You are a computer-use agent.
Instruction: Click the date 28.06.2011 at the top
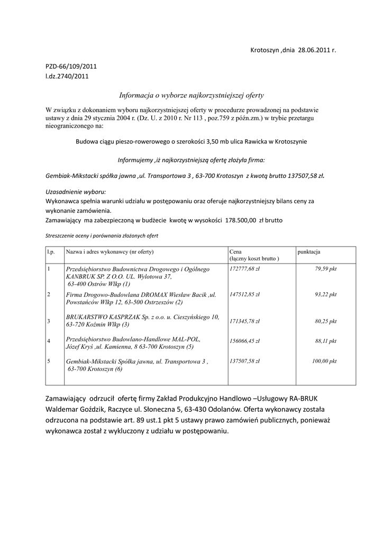314,50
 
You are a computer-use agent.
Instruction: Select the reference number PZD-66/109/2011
71,66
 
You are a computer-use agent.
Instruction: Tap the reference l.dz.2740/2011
67,76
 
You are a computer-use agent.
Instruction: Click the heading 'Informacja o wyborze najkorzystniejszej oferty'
191,95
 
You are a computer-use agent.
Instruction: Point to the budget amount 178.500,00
241,219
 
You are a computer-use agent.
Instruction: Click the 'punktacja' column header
309,252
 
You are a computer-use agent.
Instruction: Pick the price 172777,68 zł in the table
249,269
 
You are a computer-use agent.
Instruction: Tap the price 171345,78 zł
249,321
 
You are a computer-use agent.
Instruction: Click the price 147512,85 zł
249,294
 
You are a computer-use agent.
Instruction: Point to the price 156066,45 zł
249,342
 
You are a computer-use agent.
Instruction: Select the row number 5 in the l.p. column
49,362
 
